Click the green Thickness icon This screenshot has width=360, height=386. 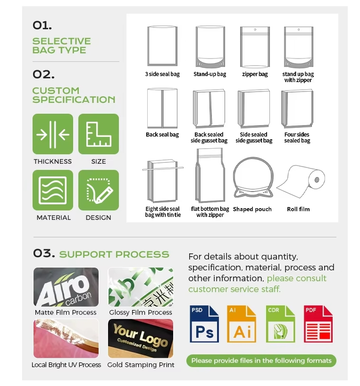(x=53, y=134)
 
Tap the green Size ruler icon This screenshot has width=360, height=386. (x=99, y=134)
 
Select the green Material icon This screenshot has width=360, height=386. (x=53, y=190)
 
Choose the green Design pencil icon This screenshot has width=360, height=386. (x=99, y=190)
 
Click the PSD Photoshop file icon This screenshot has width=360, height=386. (x=204, y=324)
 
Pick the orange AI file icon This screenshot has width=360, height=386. (x=242, y=324)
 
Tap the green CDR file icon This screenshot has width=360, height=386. (x=280, y=324)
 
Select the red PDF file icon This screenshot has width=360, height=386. (x=318, y=324)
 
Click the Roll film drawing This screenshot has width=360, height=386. (x=301, y=181)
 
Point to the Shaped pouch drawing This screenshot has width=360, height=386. (x=253, y=177)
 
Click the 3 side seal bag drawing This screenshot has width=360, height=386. (x=162, y=46)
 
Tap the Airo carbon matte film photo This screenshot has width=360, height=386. (x=66, y=287)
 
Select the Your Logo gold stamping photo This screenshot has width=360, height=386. (x=141, y=338)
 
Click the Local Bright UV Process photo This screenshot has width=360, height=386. (x=66, y=338)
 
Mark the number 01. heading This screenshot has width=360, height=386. (x=42, y=25)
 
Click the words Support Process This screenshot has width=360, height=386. (x=114, y=254)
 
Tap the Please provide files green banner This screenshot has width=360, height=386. (x=261, y=361)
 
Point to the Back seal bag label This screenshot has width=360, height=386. (x=162, y=134)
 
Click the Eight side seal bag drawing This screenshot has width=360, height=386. (x=163, y=181)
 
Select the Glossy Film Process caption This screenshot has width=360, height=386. (x=141, y=312)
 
